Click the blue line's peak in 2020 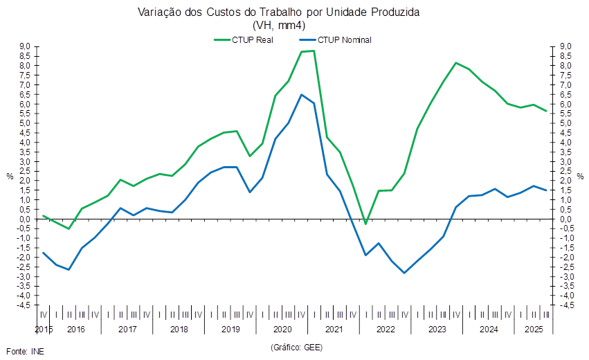point(302,94)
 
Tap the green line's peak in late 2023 point(456,63)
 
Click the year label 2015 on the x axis point(44,329)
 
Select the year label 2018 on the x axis point(179,329)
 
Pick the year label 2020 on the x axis point(282,329)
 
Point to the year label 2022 point(385,329)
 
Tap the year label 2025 point(533,329)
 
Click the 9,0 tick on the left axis point(25,46)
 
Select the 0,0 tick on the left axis point(25,219)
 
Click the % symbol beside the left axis point(10,176)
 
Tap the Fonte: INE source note point(24,351)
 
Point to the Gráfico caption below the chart point(296,345)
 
